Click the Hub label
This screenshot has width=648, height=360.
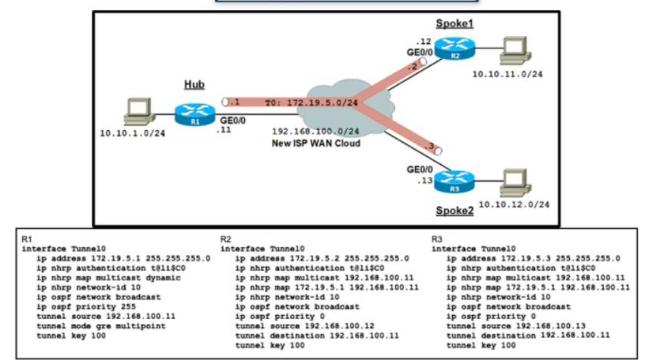(x=194, y=85)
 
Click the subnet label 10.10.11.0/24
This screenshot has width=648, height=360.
(x=507, y=74)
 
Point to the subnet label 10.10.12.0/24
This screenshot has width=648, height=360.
(x=513, y=205)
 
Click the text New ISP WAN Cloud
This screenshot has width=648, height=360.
(x=316, y=143)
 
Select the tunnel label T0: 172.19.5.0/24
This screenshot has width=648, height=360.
(x=311, y=102)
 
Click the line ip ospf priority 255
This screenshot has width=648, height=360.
(x=80, y=307)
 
